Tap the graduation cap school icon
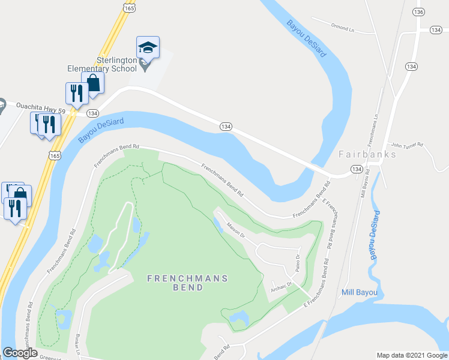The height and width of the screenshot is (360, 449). [x=148, y=47]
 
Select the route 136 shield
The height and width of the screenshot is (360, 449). [x=419, y=12]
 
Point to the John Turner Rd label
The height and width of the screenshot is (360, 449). [x=408, y=145]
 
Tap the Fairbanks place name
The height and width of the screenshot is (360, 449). [x=367, y=154]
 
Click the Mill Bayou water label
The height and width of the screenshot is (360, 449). [x=359, y=293]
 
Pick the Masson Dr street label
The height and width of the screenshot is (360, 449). [x=236, y=230]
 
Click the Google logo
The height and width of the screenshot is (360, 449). [x=20, y=353]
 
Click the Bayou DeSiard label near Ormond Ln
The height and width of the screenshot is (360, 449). [x=306, y=39]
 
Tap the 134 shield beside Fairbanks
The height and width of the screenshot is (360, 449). [x=357, y=170]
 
